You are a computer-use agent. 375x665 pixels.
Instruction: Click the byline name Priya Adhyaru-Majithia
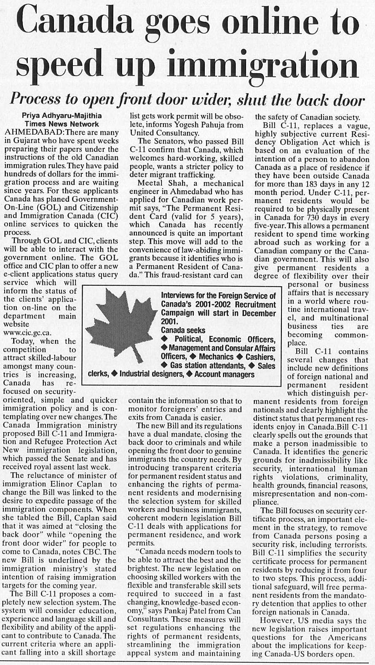[x=62, y=116]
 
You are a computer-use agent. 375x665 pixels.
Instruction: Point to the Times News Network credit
[x=62, y=124]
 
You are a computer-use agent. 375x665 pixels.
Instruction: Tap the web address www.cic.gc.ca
[x=27, y=332]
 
